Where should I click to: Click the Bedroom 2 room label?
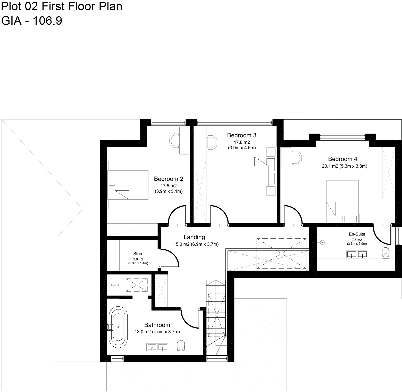click(169, 179)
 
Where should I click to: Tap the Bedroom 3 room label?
click(241, 135)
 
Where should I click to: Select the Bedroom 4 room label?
click(342, 159)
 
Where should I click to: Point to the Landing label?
click(194, 237)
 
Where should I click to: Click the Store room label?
click(138, 254)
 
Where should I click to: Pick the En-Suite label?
click(357, 234)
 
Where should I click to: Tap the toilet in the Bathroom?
click(181, 345)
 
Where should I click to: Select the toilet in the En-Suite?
click(386, 253)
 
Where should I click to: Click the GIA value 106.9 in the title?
click(47, 21)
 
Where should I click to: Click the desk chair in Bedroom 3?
click(212, 142)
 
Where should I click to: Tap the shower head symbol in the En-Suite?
click(322, 242)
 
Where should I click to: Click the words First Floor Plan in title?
click(82, 6)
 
